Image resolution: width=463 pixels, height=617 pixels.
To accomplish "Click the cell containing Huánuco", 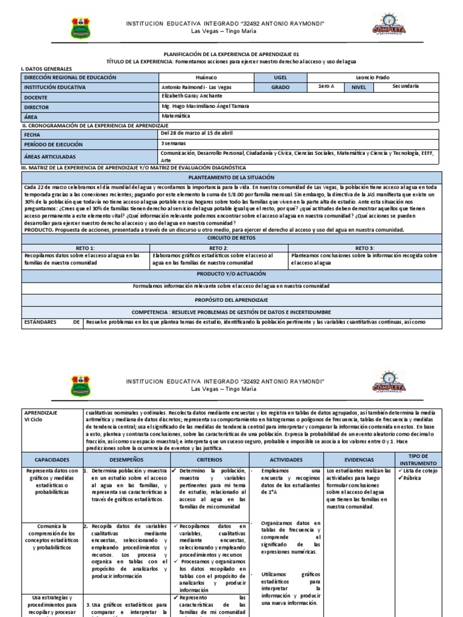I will (207, 78).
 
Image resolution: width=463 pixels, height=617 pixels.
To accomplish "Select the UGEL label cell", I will (282, 78).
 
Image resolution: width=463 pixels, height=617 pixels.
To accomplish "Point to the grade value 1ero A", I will (326, 87).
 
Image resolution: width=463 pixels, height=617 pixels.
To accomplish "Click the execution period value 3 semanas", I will (174, 143).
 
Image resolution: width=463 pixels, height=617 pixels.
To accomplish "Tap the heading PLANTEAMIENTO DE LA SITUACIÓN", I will (231, 178).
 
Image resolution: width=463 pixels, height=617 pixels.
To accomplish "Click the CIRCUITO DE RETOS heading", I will (231, 238).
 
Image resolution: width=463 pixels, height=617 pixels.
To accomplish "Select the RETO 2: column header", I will (218, 248).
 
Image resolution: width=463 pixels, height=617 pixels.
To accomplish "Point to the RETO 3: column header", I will (364, 248).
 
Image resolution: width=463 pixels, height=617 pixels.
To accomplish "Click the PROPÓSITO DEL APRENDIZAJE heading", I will (231, 299).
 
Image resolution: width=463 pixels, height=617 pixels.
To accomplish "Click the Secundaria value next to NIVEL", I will (405, 86).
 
